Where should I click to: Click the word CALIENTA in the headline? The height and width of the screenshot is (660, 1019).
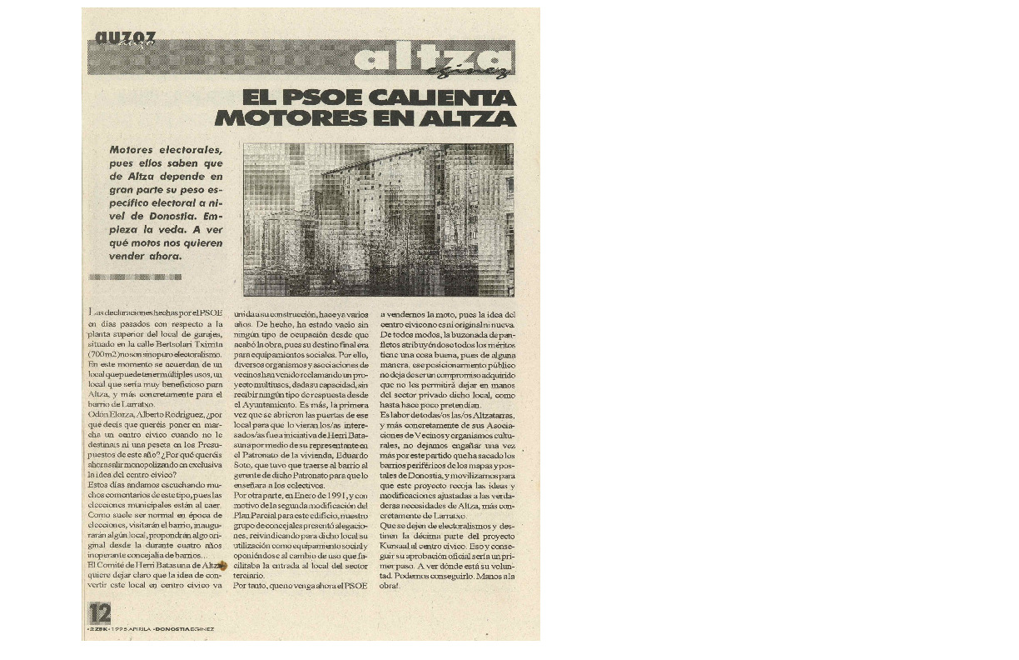coord(442,97)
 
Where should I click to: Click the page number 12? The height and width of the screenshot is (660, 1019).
coord(99,613)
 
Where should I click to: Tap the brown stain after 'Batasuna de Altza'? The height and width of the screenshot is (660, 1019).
coord(222,566)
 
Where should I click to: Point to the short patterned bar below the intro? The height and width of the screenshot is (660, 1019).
coord(134,276)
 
